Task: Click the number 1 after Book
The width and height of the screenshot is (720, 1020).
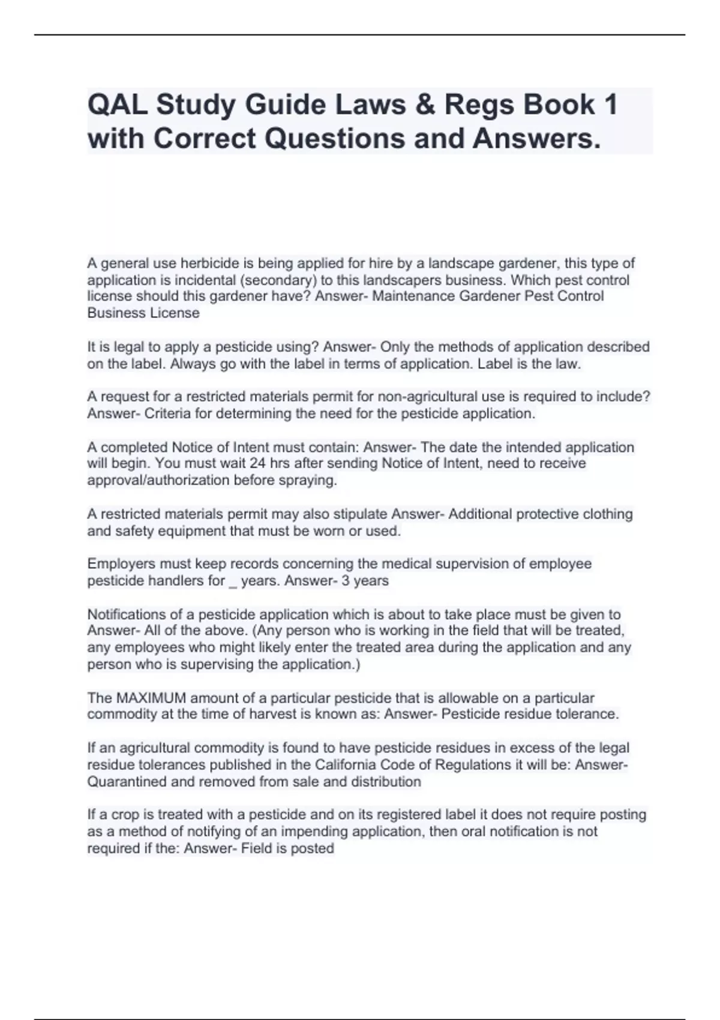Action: tap(610, 105)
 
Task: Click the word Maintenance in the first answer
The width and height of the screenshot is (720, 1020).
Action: tap(413, 296)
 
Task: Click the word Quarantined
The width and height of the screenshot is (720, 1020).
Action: tap(127, 782)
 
